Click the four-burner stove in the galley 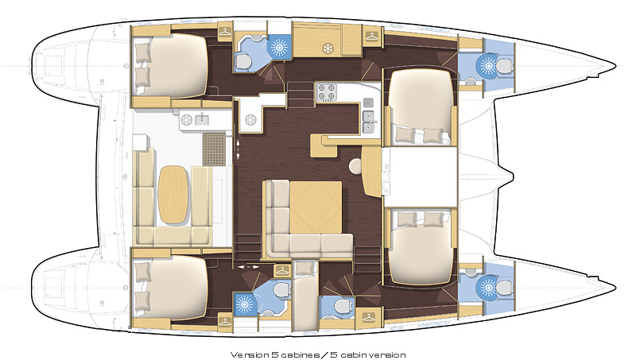coord(327,92)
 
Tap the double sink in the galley coord(368,122)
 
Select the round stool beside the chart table coord(356,166)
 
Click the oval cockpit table coord(173,194)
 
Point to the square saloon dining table coord(316,207)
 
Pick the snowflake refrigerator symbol coord(327,48)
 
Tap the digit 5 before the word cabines coord(274,354)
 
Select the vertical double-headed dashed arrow coord(237,149)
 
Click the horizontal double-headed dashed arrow coord(248,267)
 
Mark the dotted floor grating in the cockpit coord(214,149)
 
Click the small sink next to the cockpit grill coord(202,119)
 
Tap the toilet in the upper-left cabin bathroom coord(243,62)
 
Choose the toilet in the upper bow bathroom coord(504,65)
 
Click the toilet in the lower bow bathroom coord(504,288)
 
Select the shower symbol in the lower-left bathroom coord(245,304)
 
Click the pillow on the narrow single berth coord(305,269)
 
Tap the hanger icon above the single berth coord(282,270)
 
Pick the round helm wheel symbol coord(250,119)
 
